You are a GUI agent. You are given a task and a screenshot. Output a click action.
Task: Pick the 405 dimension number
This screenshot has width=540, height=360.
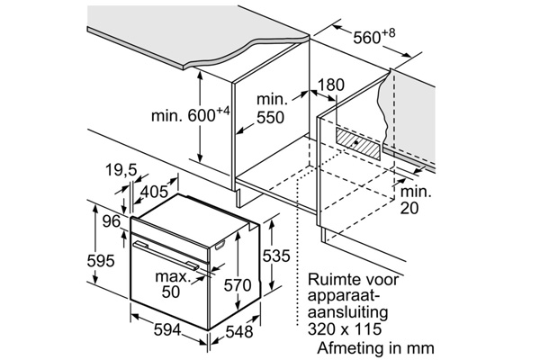coord(156,191)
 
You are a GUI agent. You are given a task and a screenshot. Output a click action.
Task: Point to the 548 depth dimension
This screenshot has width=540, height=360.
coord(239,331)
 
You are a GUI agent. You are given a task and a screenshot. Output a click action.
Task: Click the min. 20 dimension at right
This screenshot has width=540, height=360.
coord(415,200)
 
